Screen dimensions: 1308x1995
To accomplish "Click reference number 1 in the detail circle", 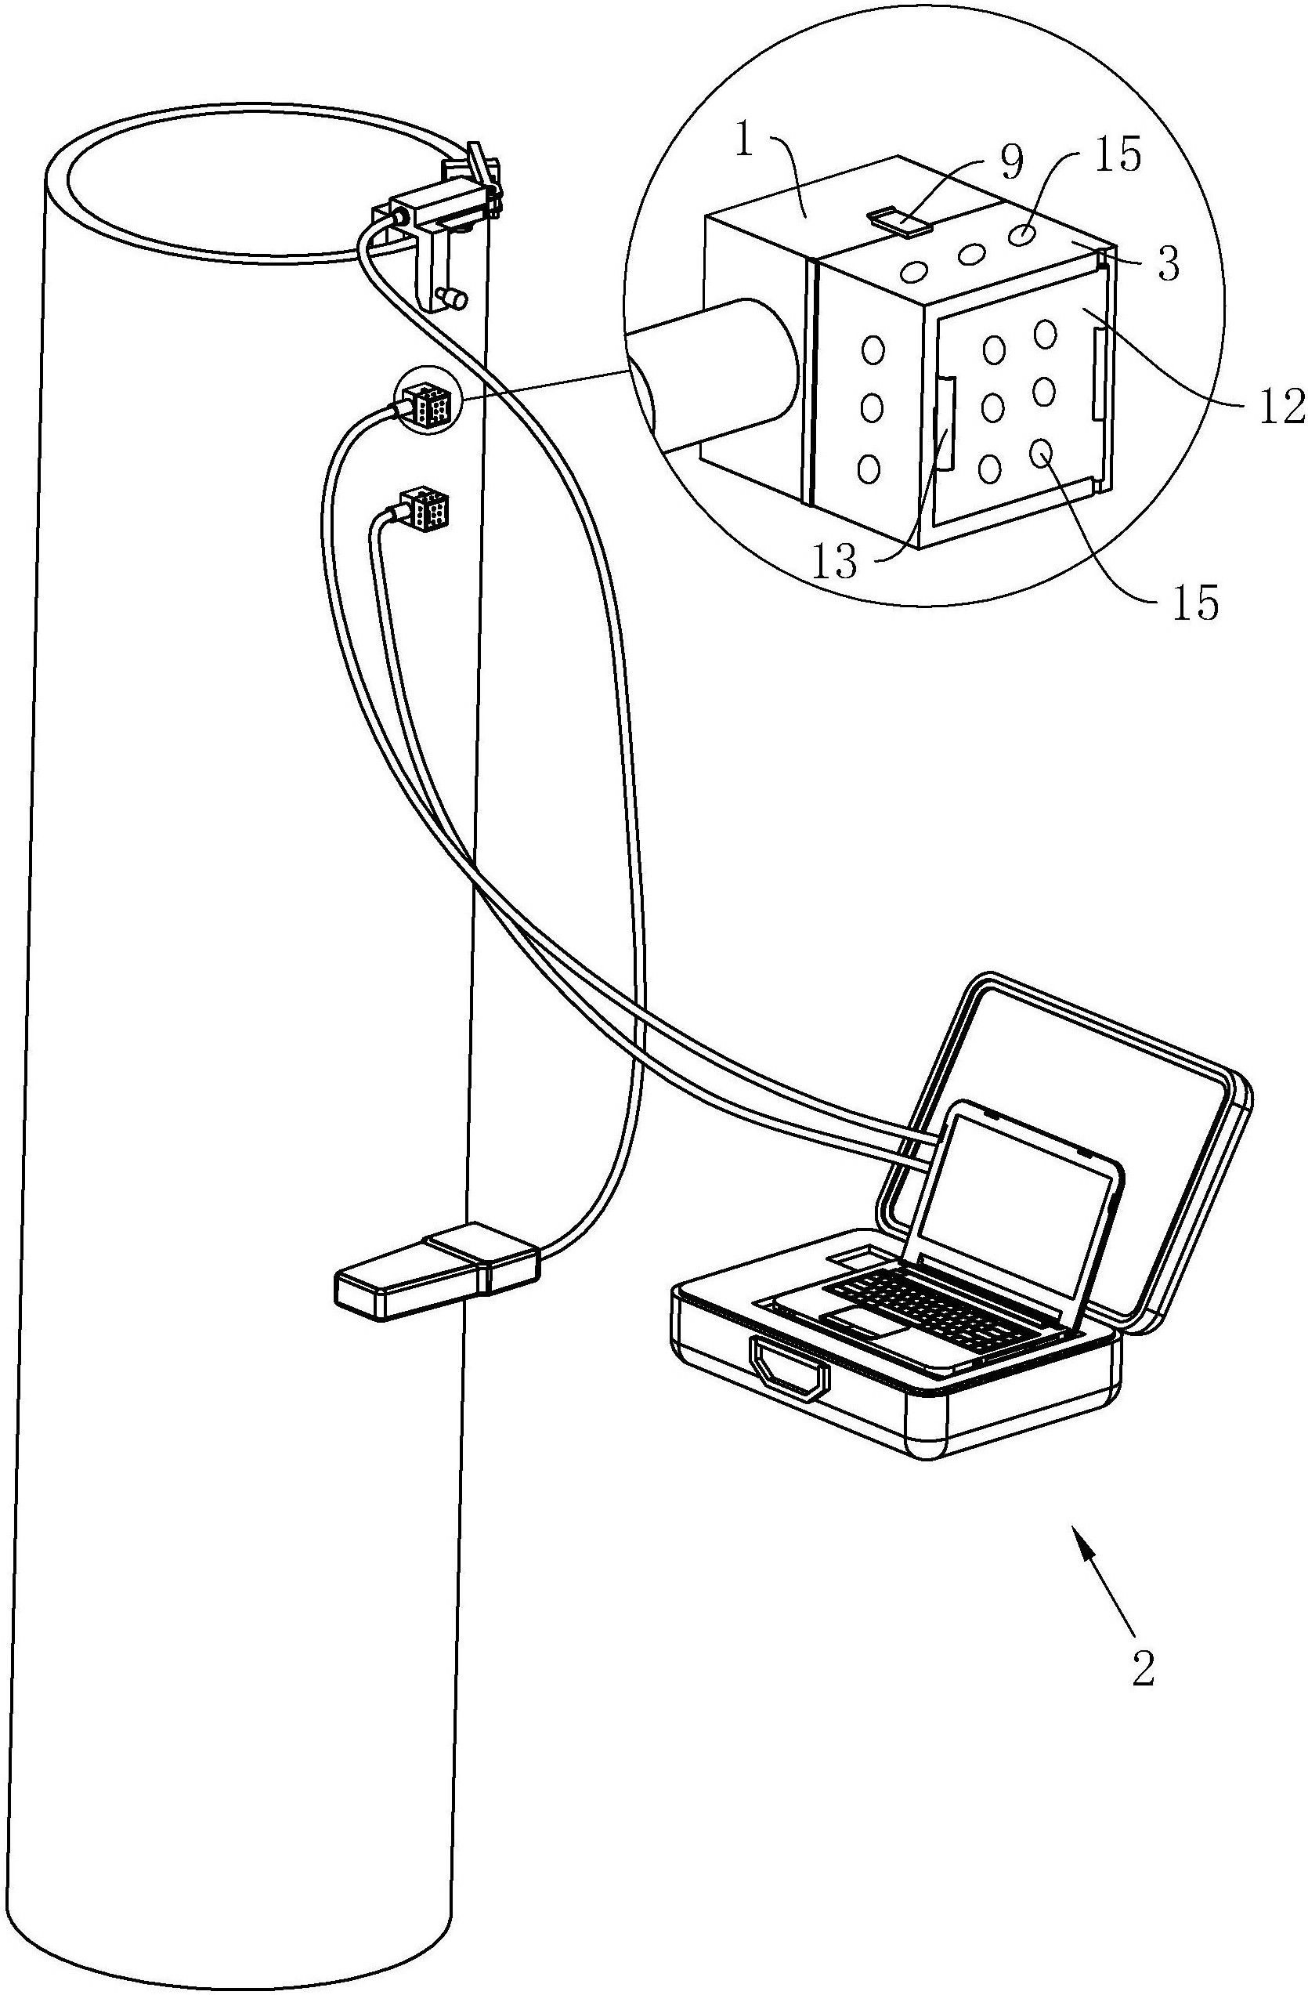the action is point(748,143).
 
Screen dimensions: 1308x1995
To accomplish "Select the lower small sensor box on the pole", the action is point(425,508).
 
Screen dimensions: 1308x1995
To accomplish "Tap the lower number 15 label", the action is point(1195,603).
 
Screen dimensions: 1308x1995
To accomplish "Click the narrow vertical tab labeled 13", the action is point(945,423).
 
